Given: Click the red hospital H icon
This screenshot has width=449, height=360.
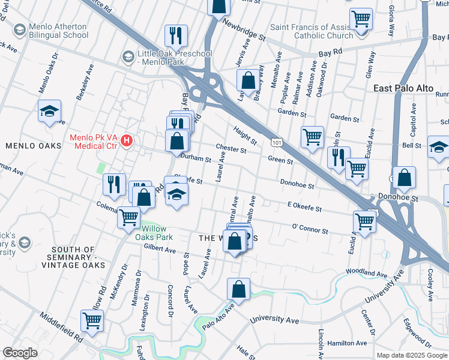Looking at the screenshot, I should (x=127, y=141).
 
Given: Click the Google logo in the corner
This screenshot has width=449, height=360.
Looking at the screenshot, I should (x=20, y=353).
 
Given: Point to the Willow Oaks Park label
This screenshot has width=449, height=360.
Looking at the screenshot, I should (x=157, y=233).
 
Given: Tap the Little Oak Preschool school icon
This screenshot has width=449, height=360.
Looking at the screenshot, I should (x=127, y=57).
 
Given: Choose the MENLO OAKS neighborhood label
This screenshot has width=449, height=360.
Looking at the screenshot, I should (x=33, y=146).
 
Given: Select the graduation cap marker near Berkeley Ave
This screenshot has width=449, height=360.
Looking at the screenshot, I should (x=49, y=111).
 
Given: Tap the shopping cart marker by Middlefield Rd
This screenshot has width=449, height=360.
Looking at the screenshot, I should (x=92, y=321).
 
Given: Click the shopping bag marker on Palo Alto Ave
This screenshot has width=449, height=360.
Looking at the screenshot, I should (x=238, y=289).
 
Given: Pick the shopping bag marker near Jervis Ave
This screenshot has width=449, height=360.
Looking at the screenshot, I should (x=247, y=80).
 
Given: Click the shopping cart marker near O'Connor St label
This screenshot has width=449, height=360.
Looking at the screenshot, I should (x=364, y=221).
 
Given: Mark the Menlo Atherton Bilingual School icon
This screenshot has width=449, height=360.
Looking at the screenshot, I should (x=19, y=29).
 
